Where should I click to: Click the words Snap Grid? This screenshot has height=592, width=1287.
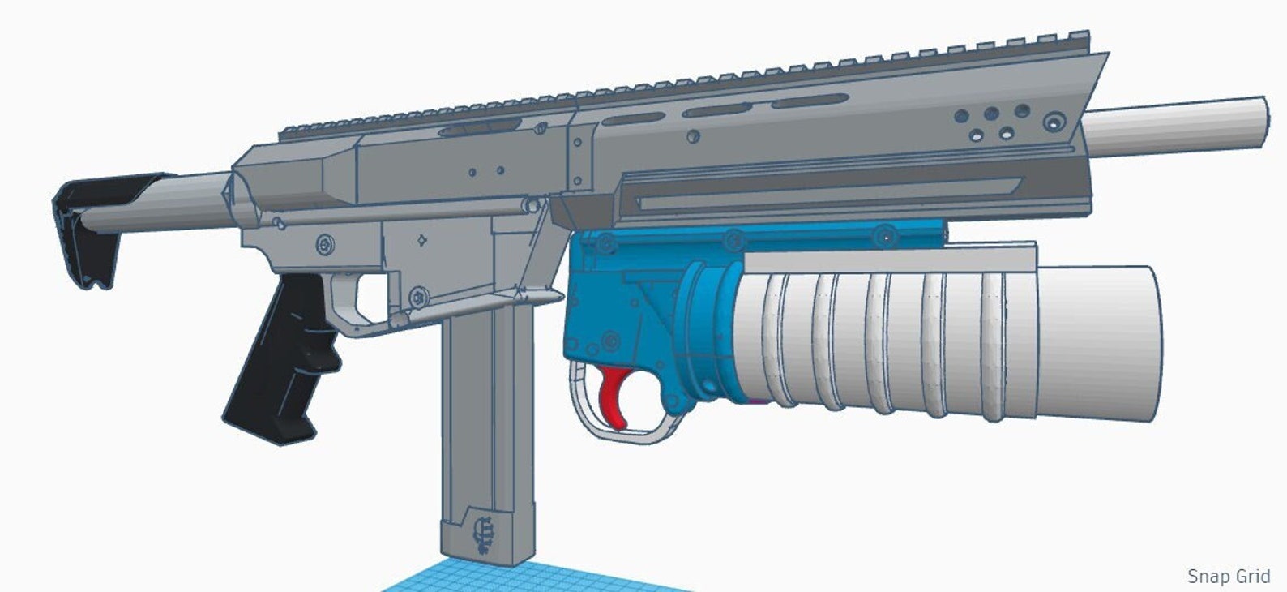(1228, 576)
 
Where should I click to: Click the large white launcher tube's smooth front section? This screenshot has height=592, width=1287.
(1098, 342)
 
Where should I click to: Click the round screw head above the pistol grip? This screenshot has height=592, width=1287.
(326, 244)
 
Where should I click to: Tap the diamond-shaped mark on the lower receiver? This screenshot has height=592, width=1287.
(421, 240)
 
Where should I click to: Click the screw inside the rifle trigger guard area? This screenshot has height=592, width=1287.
(417, 298)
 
